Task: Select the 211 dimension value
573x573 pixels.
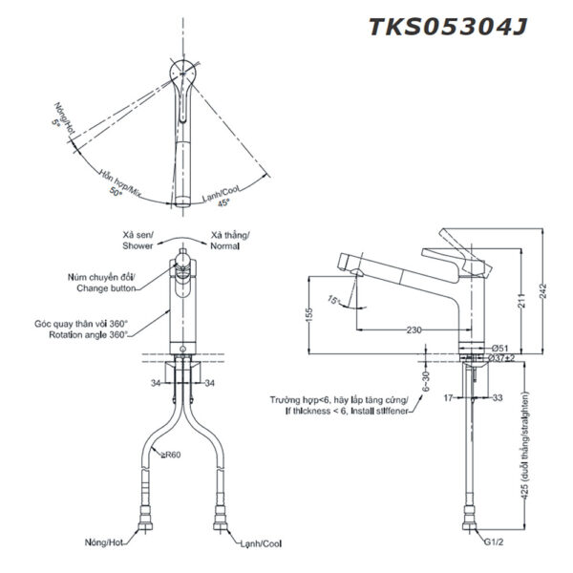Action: coord(520,305)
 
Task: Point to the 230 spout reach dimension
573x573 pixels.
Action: coord(414,330)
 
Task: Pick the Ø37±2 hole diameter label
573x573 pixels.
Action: coord(503,358)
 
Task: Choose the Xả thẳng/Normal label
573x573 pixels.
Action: coord(229,238)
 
